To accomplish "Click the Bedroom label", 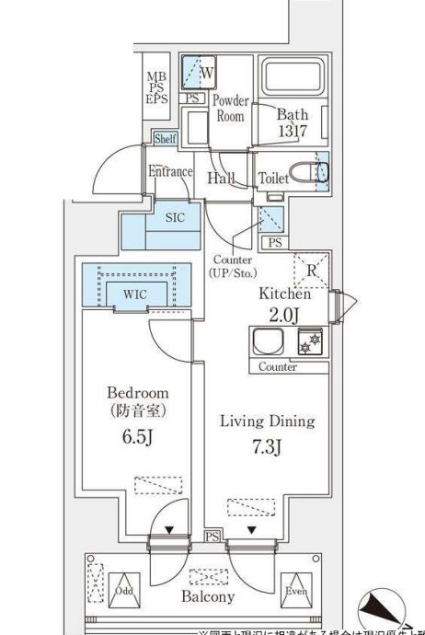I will pyautogui.click(x=135, y=392).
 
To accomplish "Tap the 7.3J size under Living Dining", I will pyautogui.click(x=266, y=448).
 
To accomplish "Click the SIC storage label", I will pyautogui.click(x=175, y=218).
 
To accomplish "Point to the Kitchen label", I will pyautogui.click(x=283, y=294).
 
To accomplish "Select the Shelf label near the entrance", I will pyautogui.click(x=165, y=139).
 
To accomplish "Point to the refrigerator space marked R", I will pyautogui.click(x=310, y=271).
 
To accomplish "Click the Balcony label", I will pyautogui.click(x=209, y=596).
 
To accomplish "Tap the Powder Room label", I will pyautogui.click(x=230, y=109).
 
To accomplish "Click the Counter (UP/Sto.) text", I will pyautogui.click(x=235, y=266).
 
